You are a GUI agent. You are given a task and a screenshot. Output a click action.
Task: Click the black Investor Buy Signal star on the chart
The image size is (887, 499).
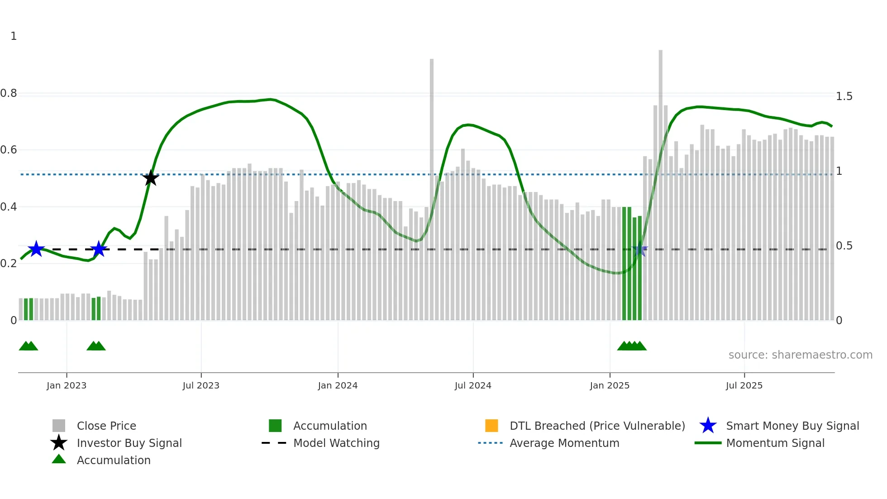(x=151, y=178)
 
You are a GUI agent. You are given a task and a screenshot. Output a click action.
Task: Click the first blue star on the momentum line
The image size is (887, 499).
(x=36, y=249)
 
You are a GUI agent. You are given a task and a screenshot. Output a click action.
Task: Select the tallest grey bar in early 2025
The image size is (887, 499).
(x=660, y=181)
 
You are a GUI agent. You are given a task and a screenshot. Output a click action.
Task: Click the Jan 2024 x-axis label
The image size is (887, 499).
(x=338, y=385)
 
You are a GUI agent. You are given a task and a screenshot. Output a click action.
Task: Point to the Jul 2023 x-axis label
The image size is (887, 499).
(x=201, y=385)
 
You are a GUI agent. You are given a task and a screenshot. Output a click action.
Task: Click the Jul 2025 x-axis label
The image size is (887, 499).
(x=744, y=385)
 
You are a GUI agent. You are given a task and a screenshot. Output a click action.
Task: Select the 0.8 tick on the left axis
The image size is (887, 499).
(x=9, y=93)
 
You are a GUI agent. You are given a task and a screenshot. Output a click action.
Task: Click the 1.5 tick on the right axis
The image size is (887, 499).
(x=844, y=96)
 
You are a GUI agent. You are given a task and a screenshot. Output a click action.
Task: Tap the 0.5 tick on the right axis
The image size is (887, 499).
(x=844, y=246)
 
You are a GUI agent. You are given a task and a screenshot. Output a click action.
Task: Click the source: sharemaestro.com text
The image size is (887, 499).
(x=800, y=355)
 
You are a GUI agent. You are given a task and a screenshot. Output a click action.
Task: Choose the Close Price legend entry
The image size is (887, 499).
(x=106, y=426)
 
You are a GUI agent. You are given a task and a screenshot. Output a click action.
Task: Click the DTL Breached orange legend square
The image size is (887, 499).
(x=491, y=426)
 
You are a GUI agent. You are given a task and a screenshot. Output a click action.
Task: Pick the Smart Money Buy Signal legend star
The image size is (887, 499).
(x=708, y=426)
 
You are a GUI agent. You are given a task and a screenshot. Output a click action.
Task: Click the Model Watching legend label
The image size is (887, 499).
(x=336, y=443)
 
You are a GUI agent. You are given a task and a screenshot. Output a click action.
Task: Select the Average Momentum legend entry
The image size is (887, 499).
(x=564, y=443)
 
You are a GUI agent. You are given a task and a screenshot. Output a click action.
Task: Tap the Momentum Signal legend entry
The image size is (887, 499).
(x=775, y=443)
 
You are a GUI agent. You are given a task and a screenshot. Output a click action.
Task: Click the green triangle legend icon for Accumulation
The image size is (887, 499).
(x=59, y=459)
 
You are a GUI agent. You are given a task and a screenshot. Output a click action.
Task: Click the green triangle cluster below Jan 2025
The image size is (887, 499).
(x=632, y=346)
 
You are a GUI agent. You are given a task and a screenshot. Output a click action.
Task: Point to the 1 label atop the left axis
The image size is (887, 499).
(x=14, y=36)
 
